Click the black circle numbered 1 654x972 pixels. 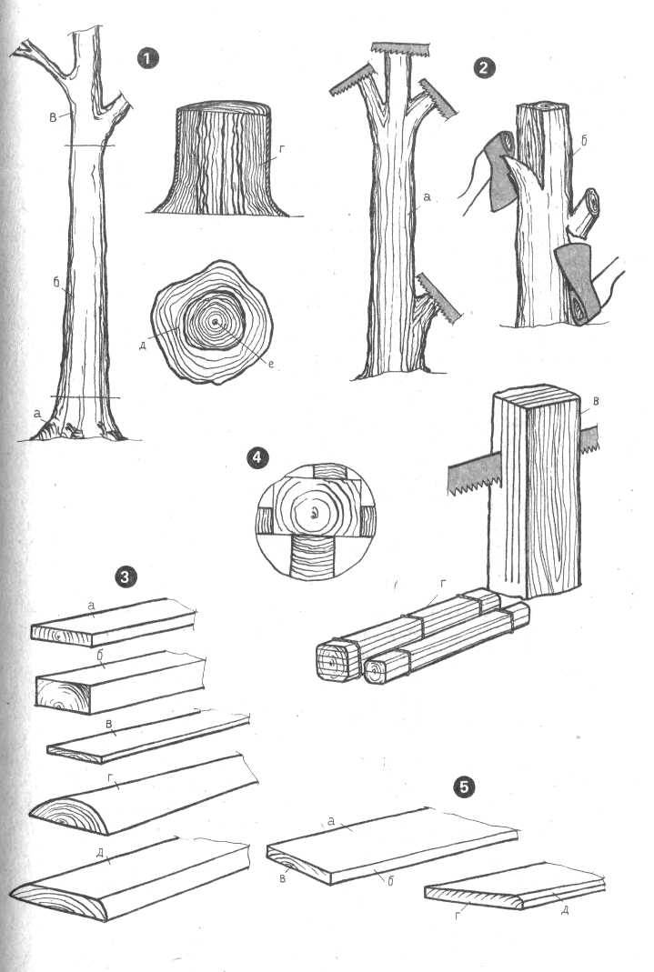(148, 59)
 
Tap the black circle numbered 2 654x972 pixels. (484, 67)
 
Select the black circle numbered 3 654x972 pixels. (126, 576)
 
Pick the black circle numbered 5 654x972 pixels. (466, 787)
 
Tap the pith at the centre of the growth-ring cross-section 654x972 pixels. (215, 322)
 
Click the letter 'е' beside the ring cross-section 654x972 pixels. (271, 364)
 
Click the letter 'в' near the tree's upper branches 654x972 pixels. (54, 115)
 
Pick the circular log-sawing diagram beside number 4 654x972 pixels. (316, 520)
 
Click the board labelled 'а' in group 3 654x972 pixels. (114, 622)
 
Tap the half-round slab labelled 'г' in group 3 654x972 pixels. (144, 795)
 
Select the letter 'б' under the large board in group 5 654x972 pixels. (390, 880)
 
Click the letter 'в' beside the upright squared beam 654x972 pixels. (597, 401)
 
